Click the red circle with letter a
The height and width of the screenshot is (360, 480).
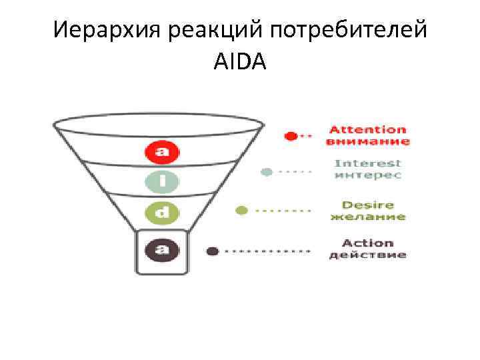click(x=162, y=153)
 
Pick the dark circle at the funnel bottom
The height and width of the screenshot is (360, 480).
click(x=162, y=251)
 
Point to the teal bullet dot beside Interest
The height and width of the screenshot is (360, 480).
click(x=267, y=171)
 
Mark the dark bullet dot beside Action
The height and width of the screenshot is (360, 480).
click(x=213, y=251)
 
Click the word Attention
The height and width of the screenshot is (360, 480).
click(x=368, y=129)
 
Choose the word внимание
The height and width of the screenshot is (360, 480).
click(x=368, y=141)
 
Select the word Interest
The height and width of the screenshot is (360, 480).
click(x=367, y=163)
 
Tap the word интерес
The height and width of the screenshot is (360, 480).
click(x=367, y=175)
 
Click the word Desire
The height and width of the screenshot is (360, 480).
click(x=367, y=205)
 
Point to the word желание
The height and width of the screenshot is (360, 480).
click(x=367, y=217)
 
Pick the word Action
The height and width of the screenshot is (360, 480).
click(x=367, y=243)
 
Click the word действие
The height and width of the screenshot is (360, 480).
click(x=367, y=255)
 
